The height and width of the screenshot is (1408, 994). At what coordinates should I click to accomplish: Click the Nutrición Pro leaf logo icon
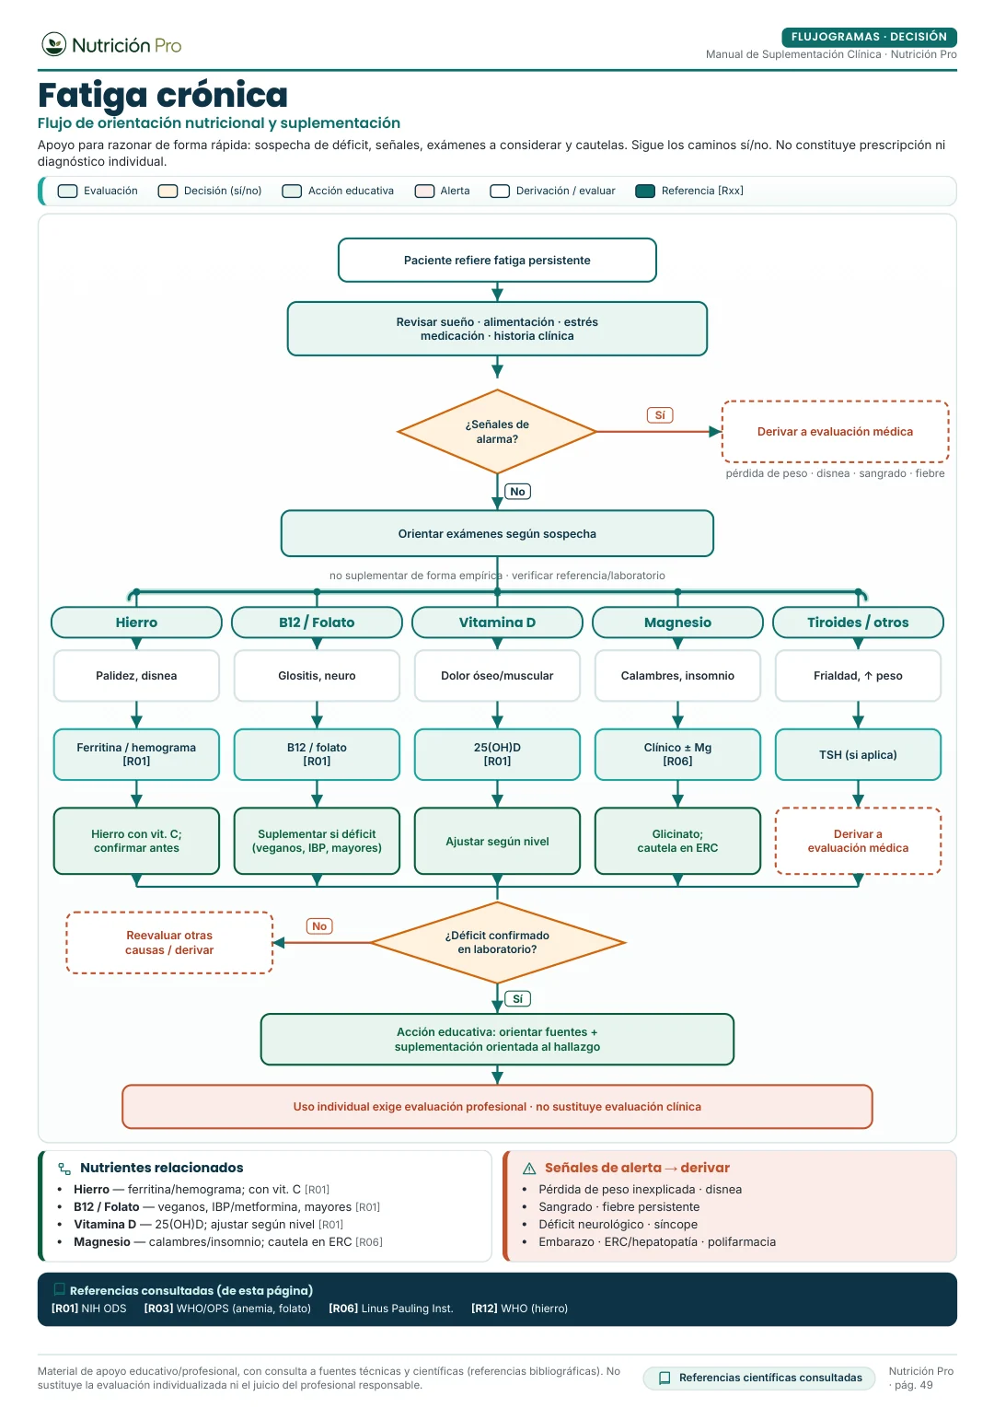[x=54, y=44]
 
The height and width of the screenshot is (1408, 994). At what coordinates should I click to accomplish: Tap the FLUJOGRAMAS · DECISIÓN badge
[x=868, y=37]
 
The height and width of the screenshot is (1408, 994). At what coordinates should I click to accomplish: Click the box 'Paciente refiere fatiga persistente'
[x=497, y=261]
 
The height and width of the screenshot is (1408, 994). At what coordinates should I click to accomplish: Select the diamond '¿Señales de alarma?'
[x=497, y=432]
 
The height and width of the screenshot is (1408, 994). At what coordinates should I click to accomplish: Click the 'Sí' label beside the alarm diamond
[x=660, y=415]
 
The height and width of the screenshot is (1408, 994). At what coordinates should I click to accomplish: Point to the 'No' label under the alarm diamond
[x=517, y=492]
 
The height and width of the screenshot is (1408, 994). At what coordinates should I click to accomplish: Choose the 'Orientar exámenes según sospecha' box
[x=497, y=534]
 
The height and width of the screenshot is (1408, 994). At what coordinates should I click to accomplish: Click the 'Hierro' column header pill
[x=136, y=623]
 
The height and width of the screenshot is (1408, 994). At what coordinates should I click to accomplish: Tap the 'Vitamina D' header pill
[x=497, y=623]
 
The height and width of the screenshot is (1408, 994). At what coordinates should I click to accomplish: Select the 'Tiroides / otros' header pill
[x=858, y=623]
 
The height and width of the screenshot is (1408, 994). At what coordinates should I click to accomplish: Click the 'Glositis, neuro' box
[x=317, y=676]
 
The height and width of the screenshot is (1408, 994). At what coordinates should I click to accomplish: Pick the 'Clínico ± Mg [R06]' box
[x=677, y=754]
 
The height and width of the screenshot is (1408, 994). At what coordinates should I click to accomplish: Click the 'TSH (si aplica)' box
[x=858, y=754]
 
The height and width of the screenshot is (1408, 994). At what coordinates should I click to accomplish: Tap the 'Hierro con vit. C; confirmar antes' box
[x=136, y=841]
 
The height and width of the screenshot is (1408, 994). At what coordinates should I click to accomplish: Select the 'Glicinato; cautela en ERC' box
[x=677, y=841]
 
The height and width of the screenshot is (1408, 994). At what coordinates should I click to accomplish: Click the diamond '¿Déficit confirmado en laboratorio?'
[x=497, y=943]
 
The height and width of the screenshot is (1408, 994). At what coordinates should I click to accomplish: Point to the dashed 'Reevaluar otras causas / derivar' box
[x=169, y=943]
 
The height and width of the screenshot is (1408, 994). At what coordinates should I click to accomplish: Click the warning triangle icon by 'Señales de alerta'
[x=529, y=1169]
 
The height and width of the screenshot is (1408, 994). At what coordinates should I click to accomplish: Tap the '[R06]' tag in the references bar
[x=343, y=1308]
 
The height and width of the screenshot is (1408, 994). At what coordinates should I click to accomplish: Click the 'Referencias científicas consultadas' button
[x=759, y=1378]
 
